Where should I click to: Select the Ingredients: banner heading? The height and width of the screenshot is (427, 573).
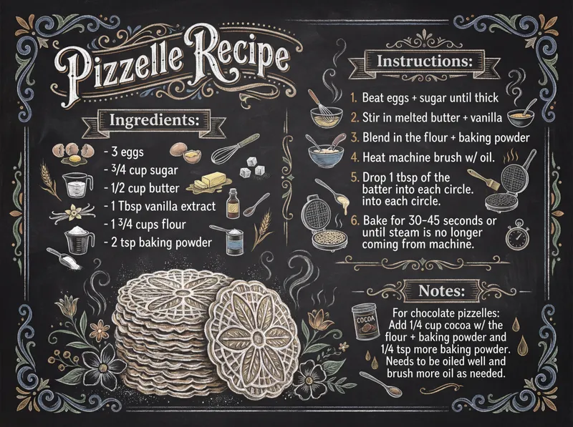pos(152,120)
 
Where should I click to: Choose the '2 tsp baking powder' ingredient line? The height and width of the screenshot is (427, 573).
pos(162,242)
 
